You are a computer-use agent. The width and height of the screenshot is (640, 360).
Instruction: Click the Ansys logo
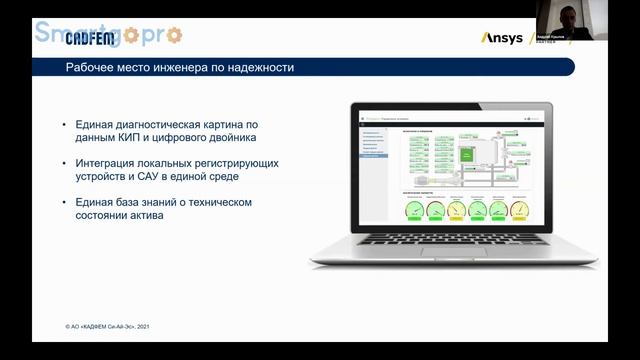coord(502,38)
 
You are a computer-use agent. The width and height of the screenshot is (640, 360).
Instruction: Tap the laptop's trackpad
coord(452,258)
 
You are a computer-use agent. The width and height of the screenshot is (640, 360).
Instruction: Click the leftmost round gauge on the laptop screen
coord(412,209)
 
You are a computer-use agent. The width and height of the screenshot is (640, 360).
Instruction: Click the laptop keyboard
coord(453,241)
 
